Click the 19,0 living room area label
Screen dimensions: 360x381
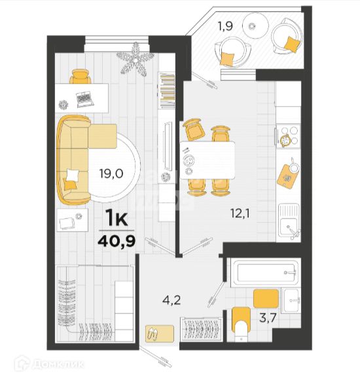pos(111,173)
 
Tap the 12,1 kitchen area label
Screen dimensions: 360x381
pos(240,214)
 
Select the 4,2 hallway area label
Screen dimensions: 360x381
pos(171,300)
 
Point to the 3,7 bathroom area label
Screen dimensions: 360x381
pos(268,317)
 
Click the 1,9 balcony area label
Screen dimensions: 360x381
pos(225,26)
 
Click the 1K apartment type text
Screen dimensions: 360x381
pos(117,219)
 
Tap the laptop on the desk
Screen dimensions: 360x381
pos(84,99)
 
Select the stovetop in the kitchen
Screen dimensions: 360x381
pos(288,136)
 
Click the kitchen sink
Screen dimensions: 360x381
pos(289,223)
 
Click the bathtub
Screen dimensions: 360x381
pos(266,272)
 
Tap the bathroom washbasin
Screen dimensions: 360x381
pos(291,300)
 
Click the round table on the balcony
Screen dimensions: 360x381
pos(255,25)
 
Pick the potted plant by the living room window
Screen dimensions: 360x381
pos(135,59)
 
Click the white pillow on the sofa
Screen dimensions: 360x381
pos(73,175)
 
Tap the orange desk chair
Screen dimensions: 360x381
pos(81,76)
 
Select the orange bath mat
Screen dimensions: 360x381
pos(266,299)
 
